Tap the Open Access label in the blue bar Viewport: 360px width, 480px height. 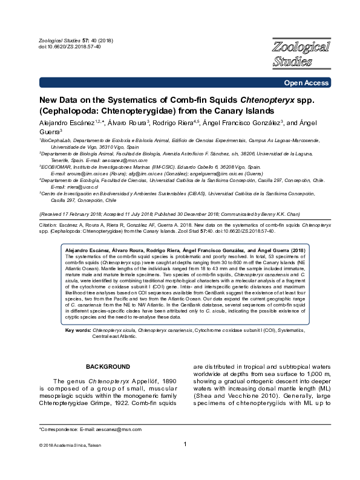(309, 83)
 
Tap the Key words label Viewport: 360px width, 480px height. (77, 332)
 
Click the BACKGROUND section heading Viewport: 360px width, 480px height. (108, 367)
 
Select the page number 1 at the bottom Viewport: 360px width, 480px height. (185, 462)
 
